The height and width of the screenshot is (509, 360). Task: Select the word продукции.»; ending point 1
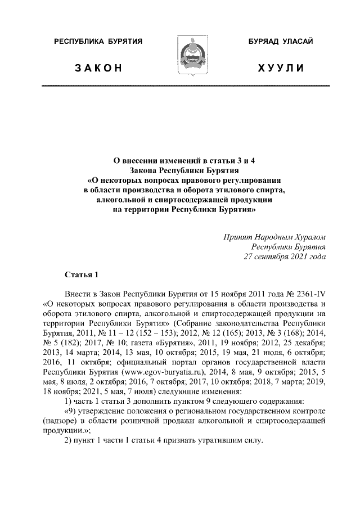point(68,430)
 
